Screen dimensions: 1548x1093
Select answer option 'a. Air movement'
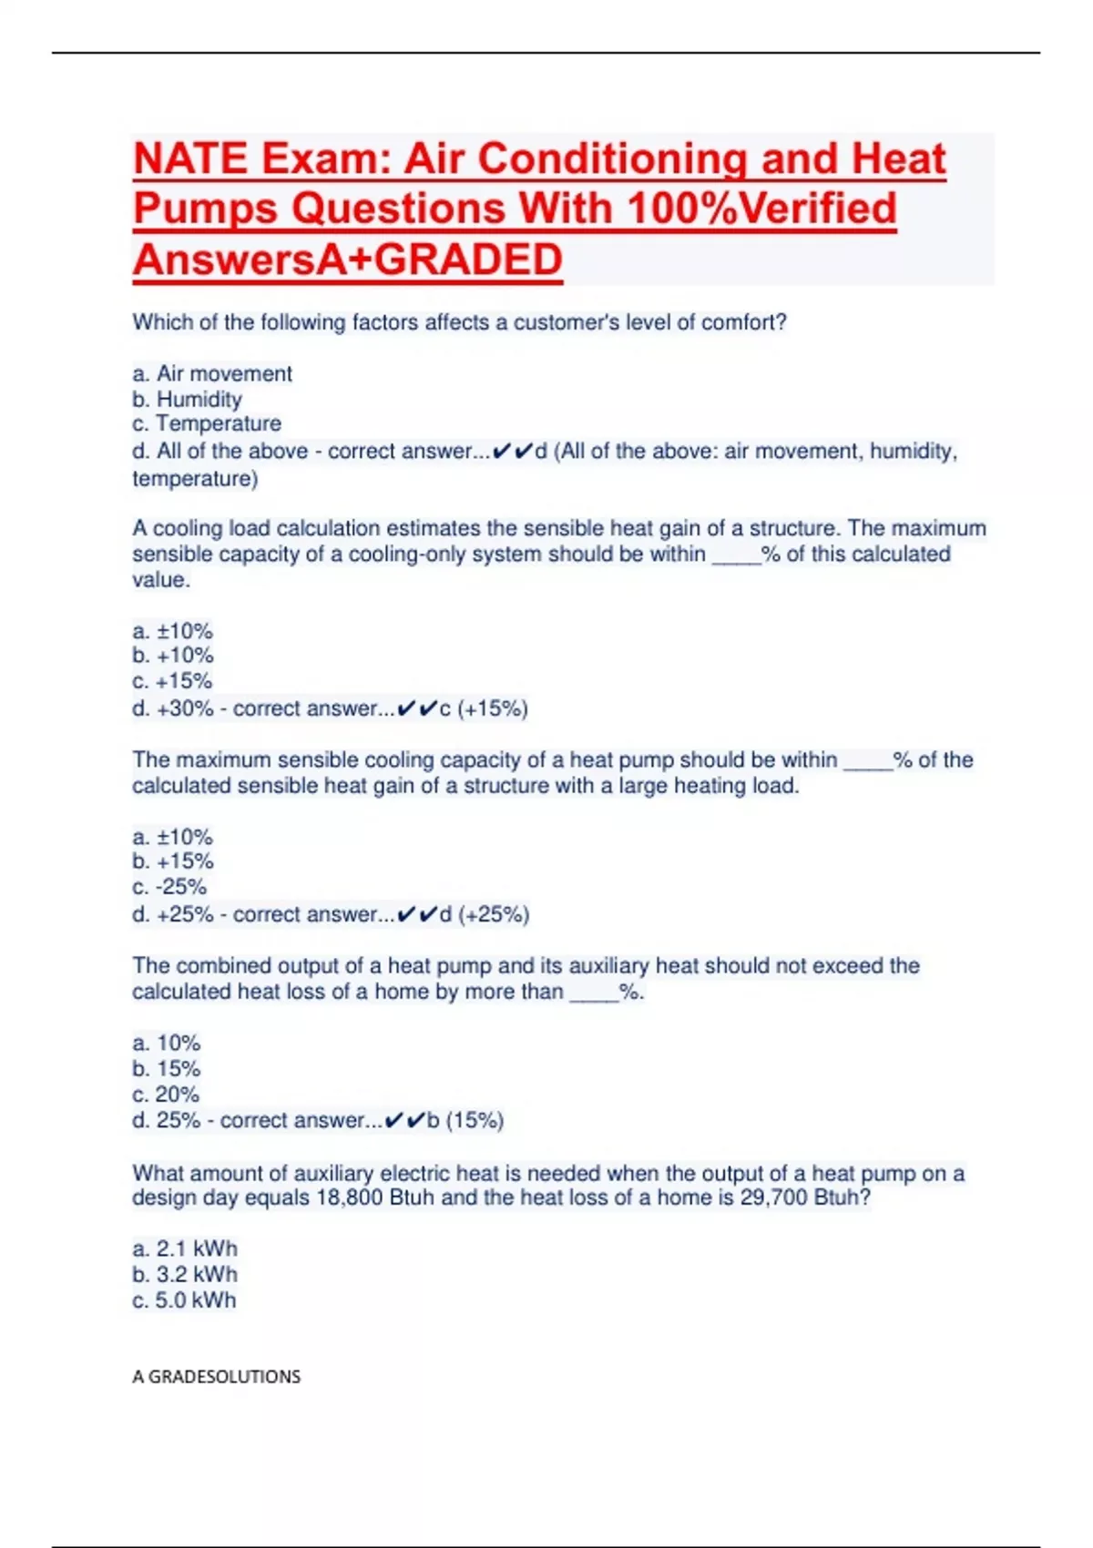click(x=212, y=373)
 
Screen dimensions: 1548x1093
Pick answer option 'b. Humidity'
click(x=187, y=399)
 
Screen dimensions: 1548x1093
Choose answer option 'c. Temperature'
click(x=207, y=423)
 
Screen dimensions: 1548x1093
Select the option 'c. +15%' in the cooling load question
click(x=172, y=681)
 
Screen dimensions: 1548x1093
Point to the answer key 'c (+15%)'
click(x=484, y=708)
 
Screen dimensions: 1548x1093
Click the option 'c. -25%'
click(x=169, y=887)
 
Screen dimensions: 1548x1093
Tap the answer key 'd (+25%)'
click(x=485, y=914)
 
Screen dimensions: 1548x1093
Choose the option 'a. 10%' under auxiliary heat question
click(x=166, y=1043)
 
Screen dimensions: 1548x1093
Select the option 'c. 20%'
click(x=166, y=1095)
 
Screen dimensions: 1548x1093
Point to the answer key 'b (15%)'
click(x=465, y=1120)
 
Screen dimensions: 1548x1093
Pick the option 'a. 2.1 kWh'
click(x=185, y=1248)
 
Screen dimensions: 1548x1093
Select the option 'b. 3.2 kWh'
click(x=185, y=1274)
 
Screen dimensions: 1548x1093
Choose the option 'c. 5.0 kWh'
click(x=184, y=1300)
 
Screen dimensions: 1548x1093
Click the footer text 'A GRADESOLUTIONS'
click(x=216, y=1377)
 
